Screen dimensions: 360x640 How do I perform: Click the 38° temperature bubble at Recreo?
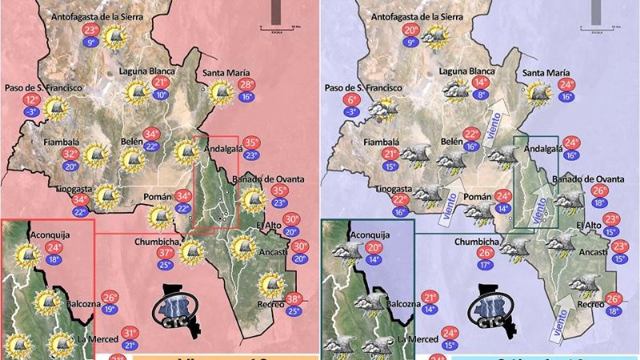pos(294,299)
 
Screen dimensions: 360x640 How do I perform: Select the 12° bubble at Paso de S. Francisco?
pos(32,100)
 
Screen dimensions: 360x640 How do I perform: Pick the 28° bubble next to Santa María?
pos(246,86)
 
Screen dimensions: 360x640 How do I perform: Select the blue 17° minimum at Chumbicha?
pos(485,265)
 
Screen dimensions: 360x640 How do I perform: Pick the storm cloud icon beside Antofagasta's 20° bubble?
pos(434,37)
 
